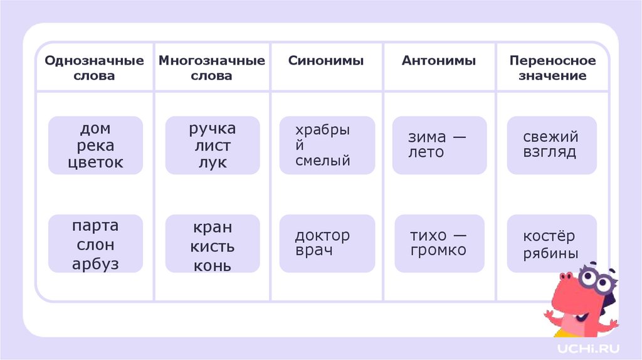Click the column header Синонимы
pyautogui.click(x=326, y=61)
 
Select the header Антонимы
pyautogui.click(x=439, y=61)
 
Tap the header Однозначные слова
pyautogui.click(x=95, y=68)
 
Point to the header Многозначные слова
pyautogui.click(x=211, y=68)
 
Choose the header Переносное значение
pyautogui.click(x=552, y=68)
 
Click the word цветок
pyautogui.click(x=96, y=163)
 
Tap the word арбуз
pyautogui.click(x=95, y=263)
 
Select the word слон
pyautogui.click(x=95, y=245)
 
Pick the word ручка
pyautogui.click(x=213, y=129)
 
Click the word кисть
pyautogui.click(x=213, y=246)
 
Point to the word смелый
pyautogui.click(x=323, y=161)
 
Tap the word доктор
pyautogui.click(x=322, y=236)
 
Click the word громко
pyautogui.click(x=438, y=250)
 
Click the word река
pyautogui.click(x=96, y=146)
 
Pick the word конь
pyautogui.click(x=212, y=265)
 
